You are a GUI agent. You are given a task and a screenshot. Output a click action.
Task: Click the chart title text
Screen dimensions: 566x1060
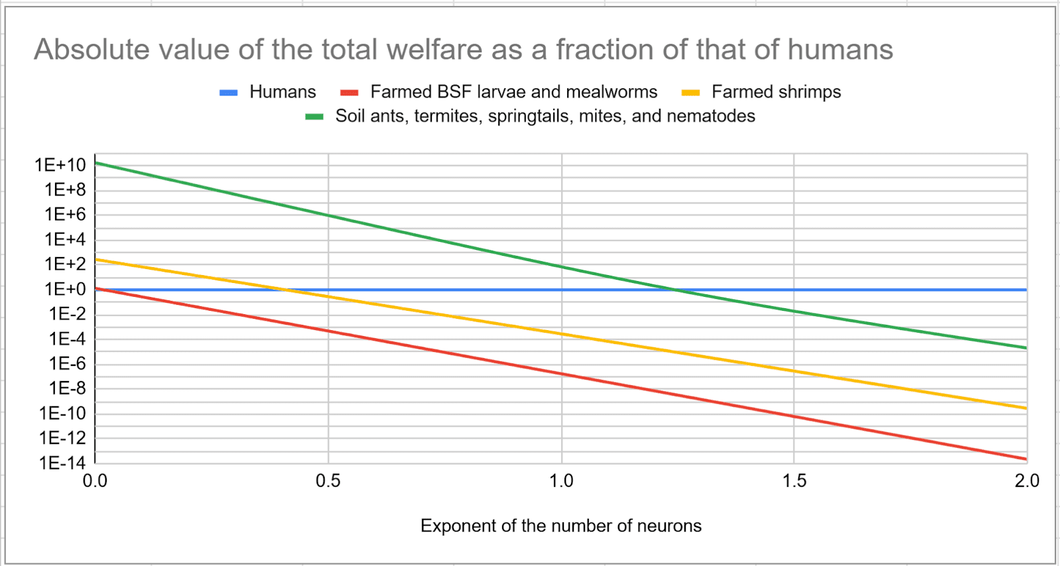[x=463, y=50]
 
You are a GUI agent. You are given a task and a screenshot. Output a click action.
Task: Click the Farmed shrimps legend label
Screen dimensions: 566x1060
[x=776, y=91]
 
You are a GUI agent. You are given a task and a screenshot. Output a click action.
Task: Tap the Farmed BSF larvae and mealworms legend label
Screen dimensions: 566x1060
[x=513, y=91]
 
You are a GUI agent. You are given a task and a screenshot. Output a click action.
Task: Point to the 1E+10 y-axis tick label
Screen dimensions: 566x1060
[x=60, y=164]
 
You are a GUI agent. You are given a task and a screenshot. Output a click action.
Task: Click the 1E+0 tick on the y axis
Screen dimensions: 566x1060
[x=65, y=289]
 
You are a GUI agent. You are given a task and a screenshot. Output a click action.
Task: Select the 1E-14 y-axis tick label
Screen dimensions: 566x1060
[x=62, y=463]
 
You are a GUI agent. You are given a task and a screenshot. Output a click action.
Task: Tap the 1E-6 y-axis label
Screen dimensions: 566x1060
[x=67, y=363]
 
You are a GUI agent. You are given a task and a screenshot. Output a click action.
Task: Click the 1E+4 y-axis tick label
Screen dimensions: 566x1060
[x=65, y=239]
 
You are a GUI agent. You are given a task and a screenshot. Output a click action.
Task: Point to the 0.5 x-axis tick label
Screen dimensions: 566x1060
[x=328, y=481]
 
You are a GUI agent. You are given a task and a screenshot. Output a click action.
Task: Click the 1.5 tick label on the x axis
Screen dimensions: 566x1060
[x=794, y=481]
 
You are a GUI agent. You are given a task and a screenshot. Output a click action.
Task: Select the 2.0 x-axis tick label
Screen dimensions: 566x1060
[x=1026, y=481]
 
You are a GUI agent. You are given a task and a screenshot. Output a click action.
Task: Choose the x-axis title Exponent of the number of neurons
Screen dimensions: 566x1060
[x=560, y=526]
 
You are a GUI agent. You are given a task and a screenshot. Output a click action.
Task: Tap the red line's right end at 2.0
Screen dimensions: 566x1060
[x=1026, y=459]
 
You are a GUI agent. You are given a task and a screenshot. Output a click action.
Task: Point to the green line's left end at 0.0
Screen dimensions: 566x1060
[x=96, y=163]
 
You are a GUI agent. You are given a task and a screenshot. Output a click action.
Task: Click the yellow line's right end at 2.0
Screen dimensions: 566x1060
[x=1026, y=408]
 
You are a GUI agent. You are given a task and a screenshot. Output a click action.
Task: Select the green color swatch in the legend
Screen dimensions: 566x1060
[x=314, y=117]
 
